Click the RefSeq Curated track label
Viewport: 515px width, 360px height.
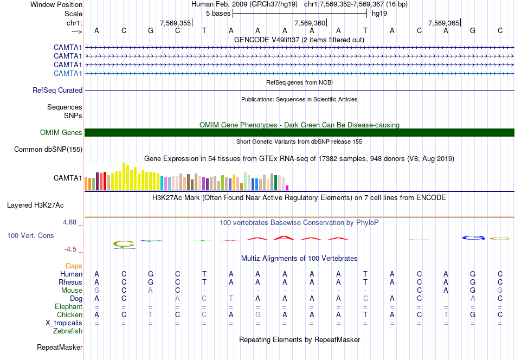[57, 91]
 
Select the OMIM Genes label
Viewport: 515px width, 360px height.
[61, 133]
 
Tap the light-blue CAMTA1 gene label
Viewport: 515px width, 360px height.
[68, 74]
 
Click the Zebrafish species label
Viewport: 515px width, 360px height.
[68, 331]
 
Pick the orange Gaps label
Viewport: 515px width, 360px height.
[74, 266]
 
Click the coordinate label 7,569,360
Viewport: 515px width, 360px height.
[310, 23]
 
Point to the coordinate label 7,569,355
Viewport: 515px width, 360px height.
[175, 23]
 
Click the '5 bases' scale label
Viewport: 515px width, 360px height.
[218, 13]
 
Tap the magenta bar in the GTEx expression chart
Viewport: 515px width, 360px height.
[287, 188]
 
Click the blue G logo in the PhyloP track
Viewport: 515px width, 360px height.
[473, 237]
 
